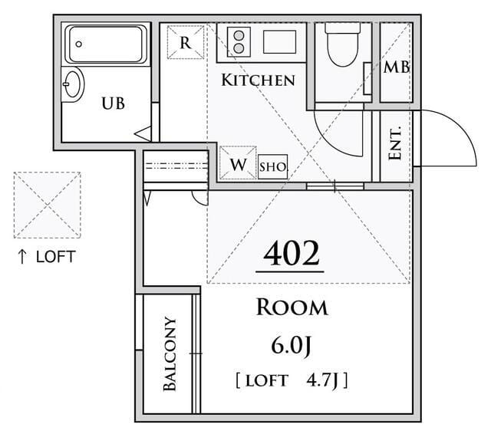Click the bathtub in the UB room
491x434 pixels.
(x=106, y=44)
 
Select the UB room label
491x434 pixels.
(x=113, y=104)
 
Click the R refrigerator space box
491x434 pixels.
(x=186, y=42)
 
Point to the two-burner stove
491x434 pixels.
(x=239, y=42)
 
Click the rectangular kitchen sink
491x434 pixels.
(x=279, y=42)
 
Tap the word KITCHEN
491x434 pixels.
(x=258, y=80)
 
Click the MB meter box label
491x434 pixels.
(x=397, y=67)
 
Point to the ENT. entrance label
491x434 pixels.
(x=395, y=143)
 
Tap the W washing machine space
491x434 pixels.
(x=238, y=163)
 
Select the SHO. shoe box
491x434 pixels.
(x=273, y=167)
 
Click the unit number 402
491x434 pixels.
(x=292, y=254)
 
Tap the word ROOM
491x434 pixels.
(x=292, y=307)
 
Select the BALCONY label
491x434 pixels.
(x=170, y=354)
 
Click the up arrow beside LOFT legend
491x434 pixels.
(x=22, y=257)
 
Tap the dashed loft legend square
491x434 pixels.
(x=48, y=205)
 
